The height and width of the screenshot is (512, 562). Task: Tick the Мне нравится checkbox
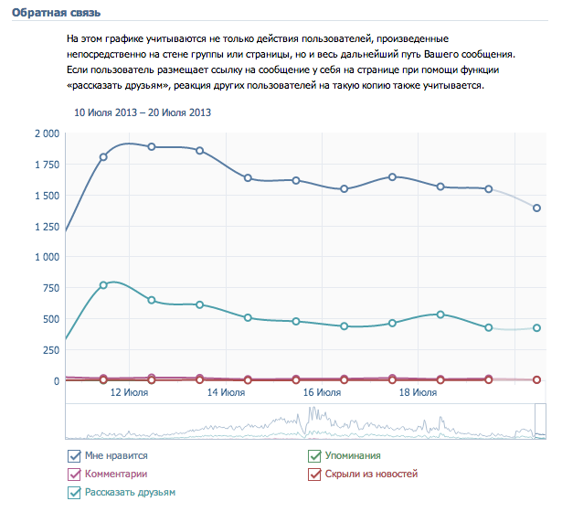pyautogui.click(x=74, y=456)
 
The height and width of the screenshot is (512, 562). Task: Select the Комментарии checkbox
pyautogui.click(x=74, y=475)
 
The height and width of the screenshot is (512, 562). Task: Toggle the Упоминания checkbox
pyautogui.click(x=315, y=456)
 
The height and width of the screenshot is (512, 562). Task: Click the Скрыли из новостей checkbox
pyautogui.click(x=315, y=475)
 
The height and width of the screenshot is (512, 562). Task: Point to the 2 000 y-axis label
pyautogui.click(x=46, y=133)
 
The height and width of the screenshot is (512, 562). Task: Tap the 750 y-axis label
pyautogui.click(x=50, y=289)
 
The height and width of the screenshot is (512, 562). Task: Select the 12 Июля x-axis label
pyautogui.click(x=129, y=393)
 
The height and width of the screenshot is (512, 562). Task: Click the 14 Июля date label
pyautogui.click(x=225, y=393)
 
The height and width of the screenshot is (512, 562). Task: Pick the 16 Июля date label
pyautogui.click(x=322, y=393)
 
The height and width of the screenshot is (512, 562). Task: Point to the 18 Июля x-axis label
pyautogui.click(x=418, y=393)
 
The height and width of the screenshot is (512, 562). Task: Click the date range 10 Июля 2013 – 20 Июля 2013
pyautogui.click(x=143, y=113)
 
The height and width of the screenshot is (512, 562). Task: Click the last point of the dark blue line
pyautogui.click(x=537, y=208)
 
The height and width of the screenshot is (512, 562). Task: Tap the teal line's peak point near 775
pyautogui.click(x=103, y=285)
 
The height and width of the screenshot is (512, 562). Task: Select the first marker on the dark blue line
pyautogui.click(x=103, y=157)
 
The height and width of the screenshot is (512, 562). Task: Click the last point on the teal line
pyautogui.click(x=537, y=328)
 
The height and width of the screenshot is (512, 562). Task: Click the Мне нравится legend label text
pyautogui.click(x=116, y=455)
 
